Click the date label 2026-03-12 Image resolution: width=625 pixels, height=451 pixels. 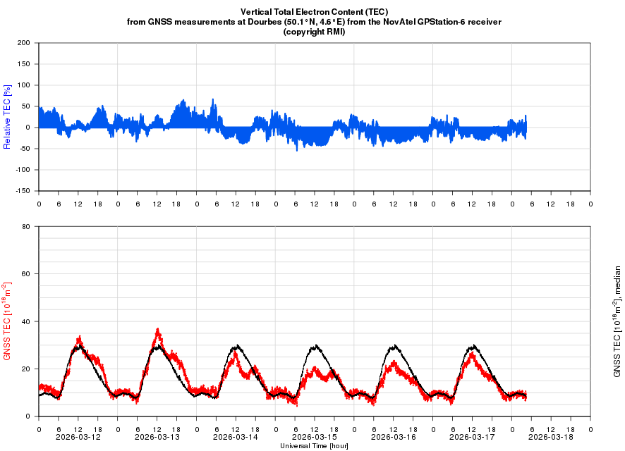78,437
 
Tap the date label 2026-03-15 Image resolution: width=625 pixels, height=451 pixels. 314,437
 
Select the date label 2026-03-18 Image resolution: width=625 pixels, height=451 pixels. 550,437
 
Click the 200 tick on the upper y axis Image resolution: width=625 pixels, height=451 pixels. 23,43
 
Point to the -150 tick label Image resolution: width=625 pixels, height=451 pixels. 21,191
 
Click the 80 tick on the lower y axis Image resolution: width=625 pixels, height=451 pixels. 25,227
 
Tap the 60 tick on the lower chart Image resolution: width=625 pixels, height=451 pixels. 25,274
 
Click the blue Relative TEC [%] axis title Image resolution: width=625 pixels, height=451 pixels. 7,117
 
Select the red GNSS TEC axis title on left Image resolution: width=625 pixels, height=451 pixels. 8,321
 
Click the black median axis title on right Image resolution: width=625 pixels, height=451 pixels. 617,321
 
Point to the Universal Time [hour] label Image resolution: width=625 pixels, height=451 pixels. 314,445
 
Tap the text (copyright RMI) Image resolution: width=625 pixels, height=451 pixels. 314,32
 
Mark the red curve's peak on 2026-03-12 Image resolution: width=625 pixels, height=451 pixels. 80,337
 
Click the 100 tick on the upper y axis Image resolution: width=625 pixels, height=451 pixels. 23,85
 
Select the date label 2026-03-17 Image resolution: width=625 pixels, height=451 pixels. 472,437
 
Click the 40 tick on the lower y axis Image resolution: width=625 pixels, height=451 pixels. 25,321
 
